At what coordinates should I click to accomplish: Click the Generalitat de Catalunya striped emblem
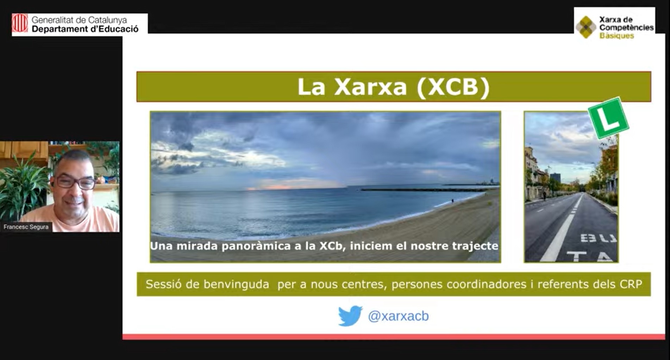click(x=20, y=23)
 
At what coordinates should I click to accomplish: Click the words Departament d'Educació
click(x=85, y=29)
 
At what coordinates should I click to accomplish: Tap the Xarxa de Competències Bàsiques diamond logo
click(x=586, y=27)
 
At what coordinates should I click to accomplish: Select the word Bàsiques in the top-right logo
click(x=616, y=36)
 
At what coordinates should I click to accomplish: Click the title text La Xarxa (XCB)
click(x=393, y=87)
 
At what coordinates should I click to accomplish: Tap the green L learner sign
click(x=608, y=118)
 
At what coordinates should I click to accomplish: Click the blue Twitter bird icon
click(x=350, y=316)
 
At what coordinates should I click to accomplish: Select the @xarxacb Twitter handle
click(x=398, y=316)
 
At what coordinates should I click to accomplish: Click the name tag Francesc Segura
click(x=26, y=227)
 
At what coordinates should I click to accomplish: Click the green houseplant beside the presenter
click(x=22, y=188)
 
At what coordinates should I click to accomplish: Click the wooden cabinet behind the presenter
click(x=24, y=150)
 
